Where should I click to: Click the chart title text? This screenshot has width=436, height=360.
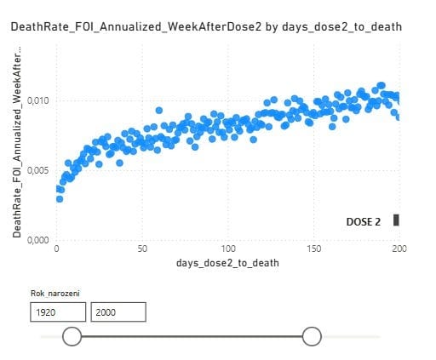click(206, 27)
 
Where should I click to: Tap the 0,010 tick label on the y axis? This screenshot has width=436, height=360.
click(38, 100)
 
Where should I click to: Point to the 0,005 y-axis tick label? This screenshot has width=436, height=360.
click(38, 170)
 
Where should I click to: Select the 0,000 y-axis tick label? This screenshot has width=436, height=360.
click(38, 240)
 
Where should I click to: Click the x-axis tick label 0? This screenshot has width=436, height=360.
click(56, 249)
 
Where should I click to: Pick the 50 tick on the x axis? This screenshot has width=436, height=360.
click(142, 249)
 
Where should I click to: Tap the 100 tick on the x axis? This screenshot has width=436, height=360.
click(228, 249)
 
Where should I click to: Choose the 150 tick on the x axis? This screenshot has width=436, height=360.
click(314, 249)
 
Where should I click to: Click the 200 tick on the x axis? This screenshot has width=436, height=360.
click(399, 249)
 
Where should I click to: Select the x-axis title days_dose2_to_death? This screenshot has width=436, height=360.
click(227, 263)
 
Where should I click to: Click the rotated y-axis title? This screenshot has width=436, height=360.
click(17, 141)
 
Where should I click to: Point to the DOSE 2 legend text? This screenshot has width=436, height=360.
click(364, 222)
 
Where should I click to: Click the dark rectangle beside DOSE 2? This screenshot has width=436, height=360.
click(396, 220)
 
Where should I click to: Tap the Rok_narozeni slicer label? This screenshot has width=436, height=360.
click(55, 294)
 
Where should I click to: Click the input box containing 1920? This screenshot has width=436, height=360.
click(58, 312)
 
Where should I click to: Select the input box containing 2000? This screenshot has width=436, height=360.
click(118, 312)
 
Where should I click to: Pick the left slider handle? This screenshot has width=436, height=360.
click(72, 336)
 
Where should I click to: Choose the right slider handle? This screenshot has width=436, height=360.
click(312, 336)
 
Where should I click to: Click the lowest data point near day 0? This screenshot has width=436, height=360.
click(60, 199)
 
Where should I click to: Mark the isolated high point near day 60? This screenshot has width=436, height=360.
click(159, 111)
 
